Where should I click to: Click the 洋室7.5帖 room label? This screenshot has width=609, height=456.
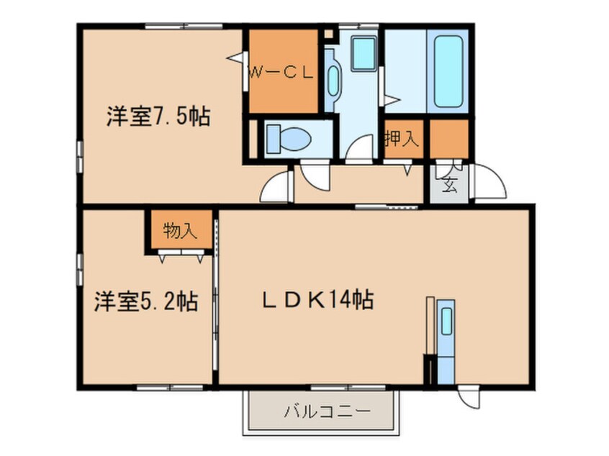tap(158, 116)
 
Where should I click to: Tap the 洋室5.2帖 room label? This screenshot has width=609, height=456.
tap(146, 301)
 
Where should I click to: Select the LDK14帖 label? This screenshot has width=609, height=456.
tap(318, 300)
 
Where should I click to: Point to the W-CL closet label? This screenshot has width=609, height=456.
tap(281, 73)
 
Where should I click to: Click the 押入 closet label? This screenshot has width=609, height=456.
tap(402, 139)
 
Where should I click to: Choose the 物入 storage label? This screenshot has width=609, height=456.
tap(180, 231)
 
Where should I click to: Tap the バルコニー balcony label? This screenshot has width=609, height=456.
tap(327, 411)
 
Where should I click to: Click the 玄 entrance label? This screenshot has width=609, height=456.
tap(449, 184)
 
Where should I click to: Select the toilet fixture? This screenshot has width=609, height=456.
tap(289, 139)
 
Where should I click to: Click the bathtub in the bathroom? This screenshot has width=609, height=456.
tap(448, 71)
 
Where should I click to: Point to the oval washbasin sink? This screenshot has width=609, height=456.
tap(333, 81)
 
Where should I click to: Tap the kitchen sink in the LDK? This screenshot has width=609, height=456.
tap(446, 321)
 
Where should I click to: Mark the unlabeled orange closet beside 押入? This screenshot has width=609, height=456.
tap(449, 139)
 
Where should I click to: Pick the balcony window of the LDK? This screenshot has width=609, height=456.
tap(348, 387)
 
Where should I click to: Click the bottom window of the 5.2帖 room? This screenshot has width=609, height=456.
tap(170, 387)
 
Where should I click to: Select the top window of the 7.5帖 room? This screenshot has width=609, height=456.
tap(184, 27)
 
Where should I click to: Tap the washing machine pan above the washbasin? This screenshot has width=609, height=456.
tap(364, 53)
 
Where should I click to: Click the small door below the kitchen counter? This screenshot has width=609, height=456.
tap(469, 397)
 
